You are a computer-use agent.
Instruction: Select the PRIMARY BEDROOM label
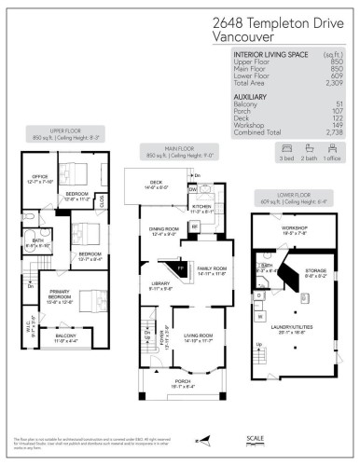click(48, 300)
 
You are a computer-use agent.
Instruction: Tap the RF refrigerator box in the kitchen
click(208, 226)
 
